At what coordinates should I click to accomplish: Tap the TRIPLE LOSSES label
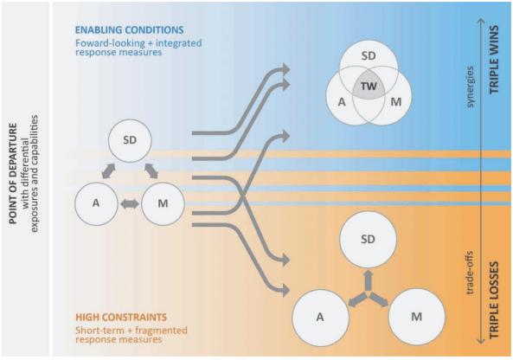(496, 290)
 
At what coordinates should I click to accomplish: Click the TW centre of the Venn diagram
(369, 87)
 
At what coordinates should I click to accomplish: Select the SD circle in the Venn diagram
(369, 55)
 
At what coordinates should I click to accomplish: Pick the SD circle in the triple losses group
(369, 240)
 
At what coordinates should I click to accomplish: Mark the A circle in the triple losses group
(319, 317)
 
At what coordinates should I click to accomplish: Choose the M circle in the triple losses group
(417, 317)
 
